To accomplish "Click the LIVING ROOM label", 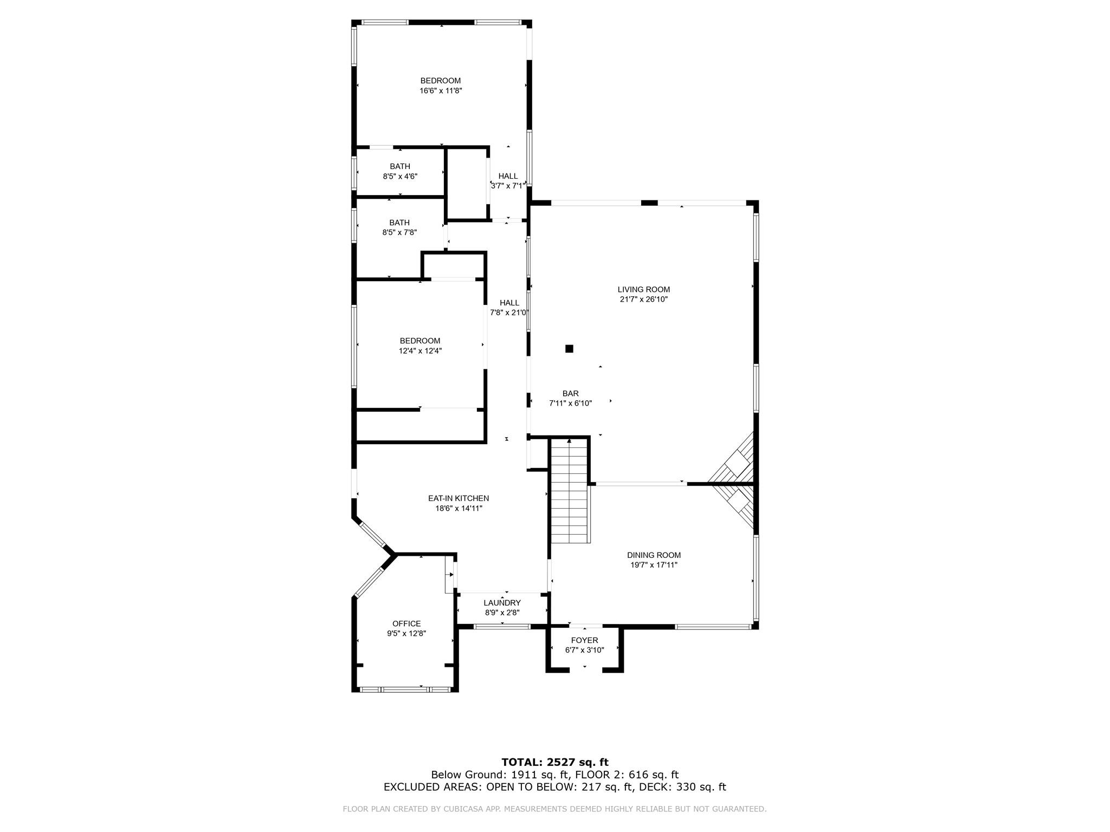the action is pyautogui.click(x=644, y=290).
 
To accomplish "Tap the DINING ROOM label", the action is pyautogui.click(x=654, y=555).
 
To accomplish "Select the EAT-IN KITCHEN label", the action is pyautogui.click(x=459, y=498).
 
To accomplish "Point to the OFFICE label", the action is pyautogui.click(x=406, y=623).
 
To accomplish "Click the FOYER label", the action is pyautogui.click(x=584, y=640).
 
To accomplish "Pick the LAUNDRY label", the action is pyautogui.click(x=502, y=603).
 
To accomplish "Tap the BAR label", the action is pyautogui.click(x=570, y=394).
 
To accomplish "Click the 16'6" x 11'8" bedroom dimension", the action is pyautogui.click(x=441, y=91).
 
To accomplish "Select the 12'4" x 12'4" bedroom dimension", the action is pyautogui.click(x=420, y=350).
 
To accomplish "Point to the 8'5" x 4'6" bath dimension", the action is pyautogui.click(x=400, y=176).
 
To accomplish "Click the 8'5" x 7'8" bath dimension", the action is pyautogui.click(x=399, y=232).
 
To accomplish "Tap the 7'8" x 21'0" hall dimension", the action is pyautogui.click(x=509, y=313).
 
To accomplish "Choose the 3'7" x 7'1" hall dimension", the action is pyautogui.click(x=508, y=186).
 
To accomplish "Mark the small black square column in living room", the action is pyautogui.click(x=569, y=349).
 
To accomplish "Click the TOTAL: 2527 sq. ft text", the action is pyautogui.click(x=555, y=762).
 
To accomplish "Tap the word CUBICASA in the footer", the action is pyautogui.click(x=481, y=809).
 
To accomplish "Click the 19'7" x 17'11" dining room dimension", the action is pyautogui.click(x=654, y=565).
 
